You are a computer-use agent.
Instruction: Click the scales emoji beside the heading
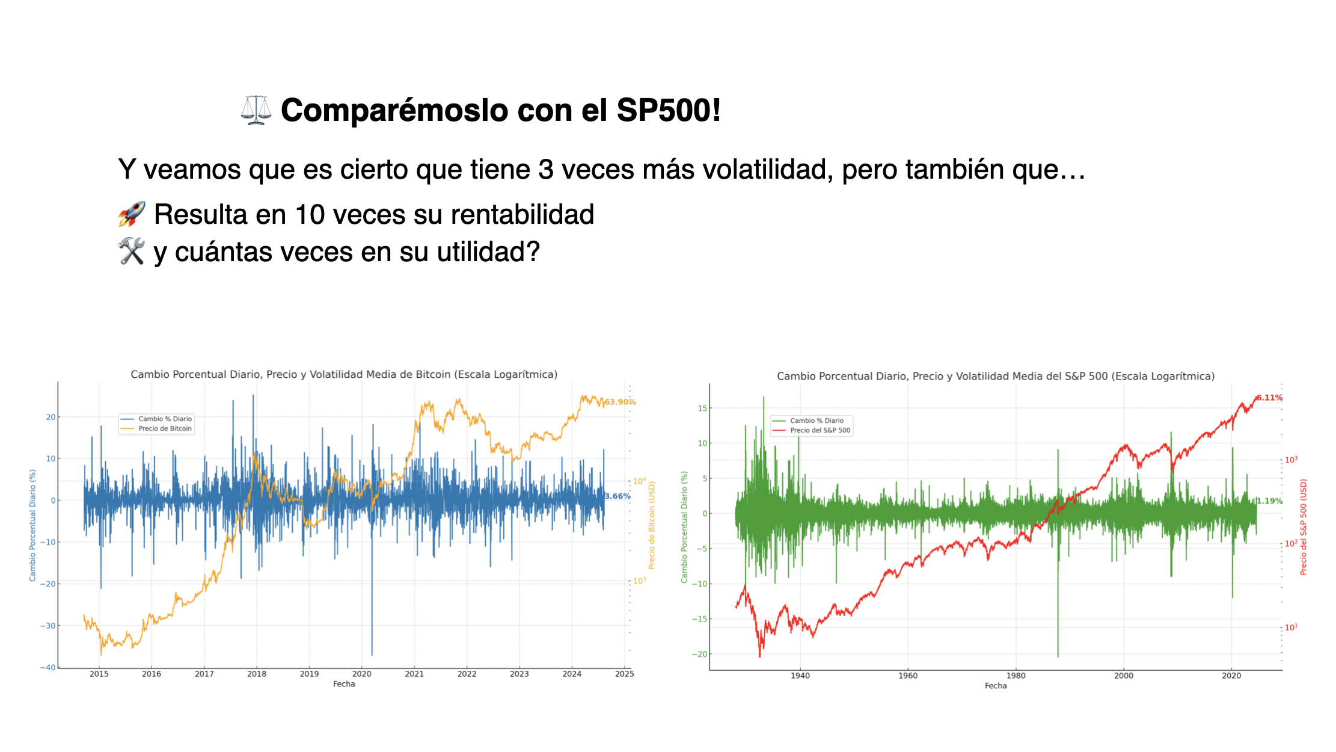tap(256, 110)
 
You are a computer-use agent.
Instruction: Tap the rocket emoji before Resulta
tap(132, 214)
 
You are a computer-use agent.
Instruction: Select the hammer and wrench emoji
tap(132, 251)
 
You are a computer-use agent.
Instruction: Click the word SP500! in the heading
tap(668, 111)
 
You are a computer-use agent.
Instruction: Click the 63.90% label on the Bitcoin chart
tap(620, 402)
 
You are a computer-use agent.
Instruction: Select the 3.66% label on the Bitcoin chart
tap(617, 496)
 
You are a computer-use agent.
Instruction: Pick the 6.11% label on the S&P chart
tap(1269, 398)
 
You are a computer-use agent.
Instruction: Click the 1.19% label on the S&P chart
tap(1269, 501)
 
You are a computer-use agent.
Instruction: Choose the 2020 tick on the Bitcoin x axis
tap(361, 674)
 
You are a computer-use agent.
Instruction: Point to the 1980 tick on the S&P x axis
tap(1016, 676)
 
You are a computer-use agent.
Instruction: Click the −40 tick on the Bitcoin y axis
tap(48, 667)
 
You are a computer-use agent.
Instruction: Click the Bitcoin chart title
tap(344, 374)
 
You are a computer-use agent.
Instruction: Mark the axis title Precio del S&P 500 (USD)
tap(1304, 527)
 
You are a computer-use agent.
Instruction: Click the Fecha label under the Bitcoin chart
tap(344, 684)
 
